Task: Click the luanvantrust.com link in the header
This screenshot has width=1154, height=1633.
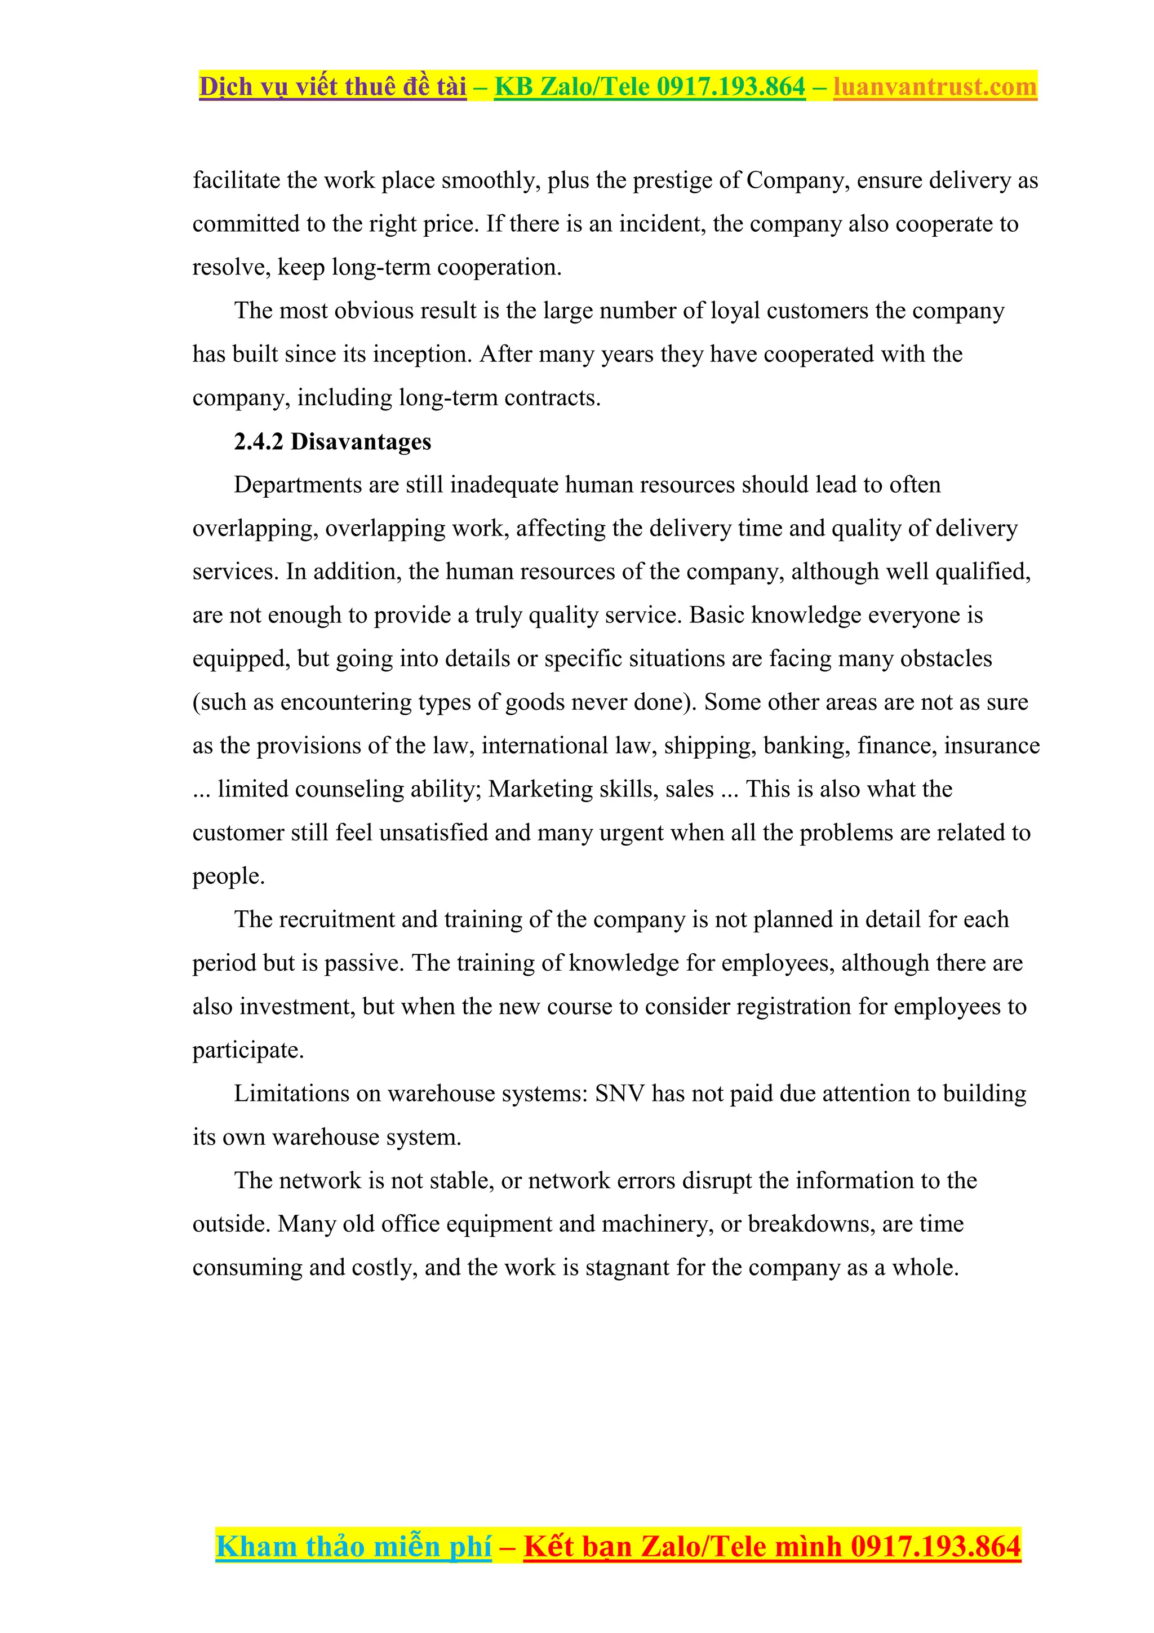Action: pyautogui.click(x=934, y=87)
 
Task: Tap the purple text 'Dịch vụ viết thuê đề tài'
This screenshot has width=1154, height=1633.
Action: pyautogui.click(x=333, y=87)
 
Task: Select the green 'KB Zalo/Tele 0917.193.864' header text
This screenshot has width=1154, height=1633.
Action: pyautogui.click(x=649, y=87)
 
